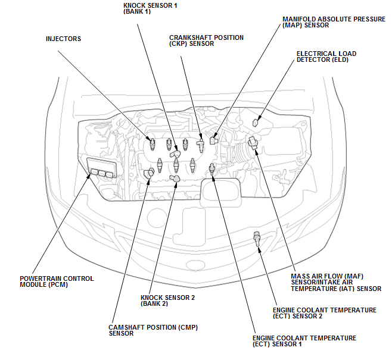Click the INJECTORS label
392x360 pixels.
pyautogui.click(x=63, y=39)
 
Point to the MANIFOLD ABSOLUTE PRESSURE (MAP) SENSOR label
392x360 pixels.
pyautogui.click(x=334, y=22)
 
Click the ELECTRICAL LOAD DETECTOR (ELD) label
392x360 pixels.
pyautogui.click(x=326, y=57)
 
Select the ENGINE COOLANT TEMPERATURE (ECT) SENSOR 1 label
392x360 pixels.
pyautogui.click(x=304, y=341)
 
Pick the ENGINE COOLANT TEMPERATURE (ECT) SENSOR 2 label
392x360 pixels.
pyautogui.click(x=324, y=313)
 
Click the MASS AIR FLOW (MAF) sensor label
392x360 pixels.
pyautogui.click(x=336, y=283)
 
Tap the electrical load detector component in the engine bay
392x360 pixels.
pyautogui.click(x=256, y=121)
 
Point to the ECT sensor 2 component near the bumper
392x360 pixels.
pyautogui.click(x=258, y=239)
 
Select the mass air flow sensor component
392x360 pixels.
pyautogui.click(x=253, y=143)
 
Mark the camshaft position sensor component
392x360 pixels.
pyautogui.click(x=149, y=173)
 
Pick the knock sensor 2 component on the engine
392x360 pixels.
pyautogui.click(x=176, y=178)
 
